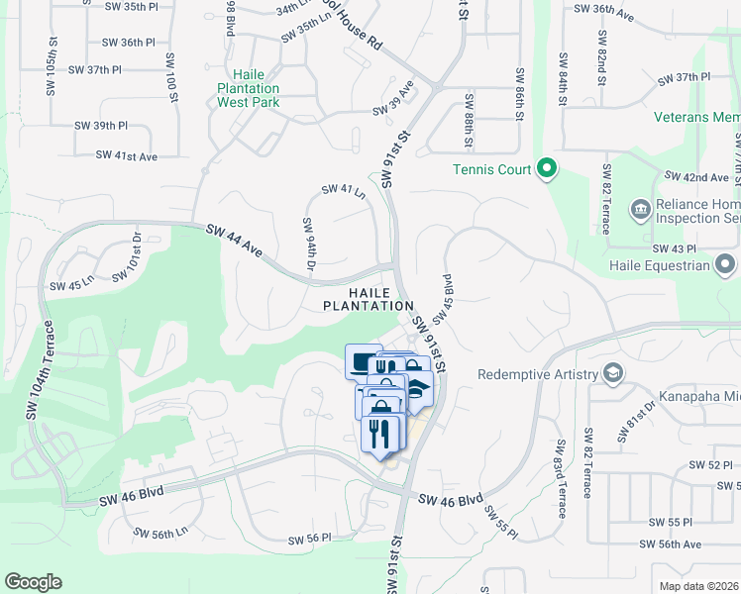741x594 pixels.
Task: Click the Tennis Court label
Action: pos(492,169)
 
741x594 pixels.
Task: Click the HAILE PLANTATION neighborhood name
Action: pos(366,298)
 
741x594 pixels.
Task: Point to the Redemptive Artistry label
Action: pos(538,374)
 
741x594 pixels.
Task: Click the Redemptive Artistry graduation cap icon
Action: pos(613,373)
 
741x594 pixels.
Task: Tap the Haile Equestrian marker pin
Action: pos(726,264)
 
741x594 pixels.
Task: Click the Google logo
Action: pos(33,582)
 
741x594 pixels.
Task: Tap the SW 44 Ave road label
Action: pos(236,242)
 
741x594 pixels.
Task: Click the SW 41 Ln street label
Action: pos(344,190)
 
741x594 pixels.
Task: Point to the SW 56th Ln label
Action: pos(161,532)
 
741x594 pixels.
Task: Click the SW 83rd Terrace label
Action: pos(561,479)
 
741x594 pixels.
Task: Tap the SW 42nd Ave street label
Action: pos(697,177)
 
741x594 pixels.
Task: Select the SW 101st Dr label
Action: pos(127,256)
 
